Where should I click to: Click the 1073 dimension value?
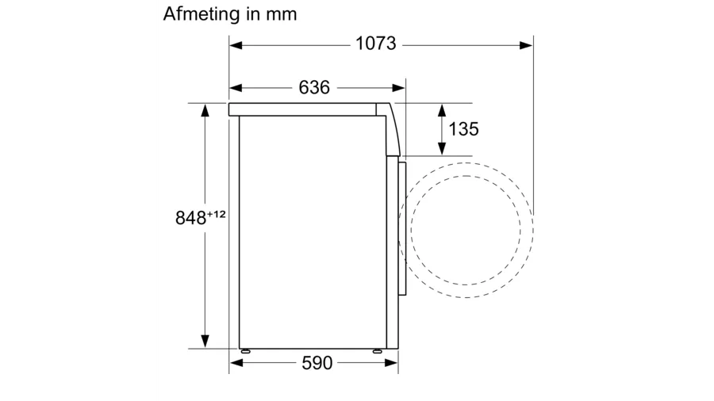376,44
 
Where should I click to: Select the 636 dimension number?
314,87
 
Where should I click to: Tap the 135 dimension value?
463,129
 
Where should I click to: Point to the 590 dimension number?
317,363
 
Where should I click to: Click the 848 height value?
190,218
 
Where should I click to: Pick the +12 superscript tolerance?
217,214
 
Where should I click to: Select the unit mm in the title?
282,15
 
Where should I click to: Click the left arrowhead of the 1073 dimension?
236,45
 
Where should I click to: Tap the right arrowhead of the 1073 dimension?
527,45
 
